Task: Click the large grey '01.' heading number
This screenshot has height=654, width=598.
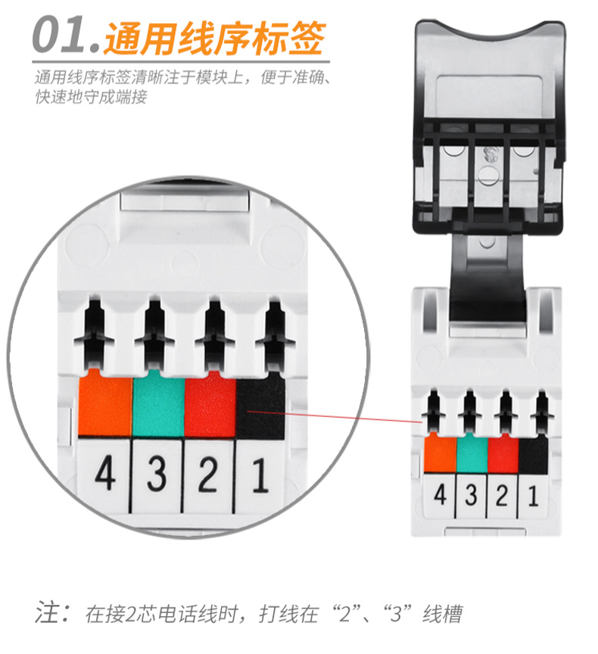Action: coord(67,35)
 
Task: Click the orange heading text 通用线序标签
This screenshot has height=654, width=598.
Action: coord(214,39)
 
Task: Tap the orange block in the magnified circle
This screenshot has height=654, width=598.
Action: coord(105,403)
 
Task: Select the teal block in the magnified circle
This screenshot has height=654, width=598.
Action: coord(158,403)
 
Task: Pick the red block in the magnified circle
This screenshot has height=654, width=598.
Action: coord(210,404)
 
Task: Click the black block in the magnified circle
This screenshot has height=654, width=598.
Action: coord(260,406)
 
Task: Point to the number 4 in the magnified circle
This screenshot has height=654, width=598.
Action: coord(104,472)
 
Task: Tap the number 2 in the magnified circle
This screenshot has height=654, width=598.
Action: coord(208,475)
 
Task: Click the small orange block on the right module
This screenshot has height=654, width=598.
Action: coord(441,453)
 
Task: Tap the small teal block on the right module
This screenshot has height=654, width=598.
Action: coord(472,453)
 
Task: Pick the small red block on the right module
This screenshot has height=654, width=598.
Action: coord(503,454)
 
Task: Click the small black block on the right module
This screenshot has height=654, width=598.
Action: coord(534,454)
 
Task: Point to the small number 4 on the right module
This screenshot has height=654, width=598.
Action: coord(441,495)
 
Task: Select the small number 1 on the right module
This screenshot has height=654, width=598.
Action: coord(534,497)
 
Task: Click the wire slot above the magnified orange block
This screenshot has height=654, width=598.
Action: coord(95,334)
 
